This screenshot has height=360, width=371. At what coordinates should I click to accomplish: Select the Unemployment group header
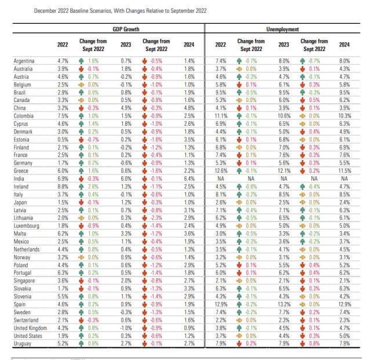282,29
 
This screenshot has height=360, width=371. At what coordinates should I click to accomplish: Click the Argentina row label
24,61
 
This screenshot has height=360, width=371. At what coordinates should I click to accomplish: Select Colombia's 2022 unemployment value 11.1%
220,99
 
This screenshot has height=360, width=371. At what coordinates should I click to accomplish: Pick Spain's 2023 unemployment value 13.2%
283,304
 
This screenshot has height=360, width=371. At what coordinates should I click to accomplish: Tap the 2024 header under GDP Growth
188,45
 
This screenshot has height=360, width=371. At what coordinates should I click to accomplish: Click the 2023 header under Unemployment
283,45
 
